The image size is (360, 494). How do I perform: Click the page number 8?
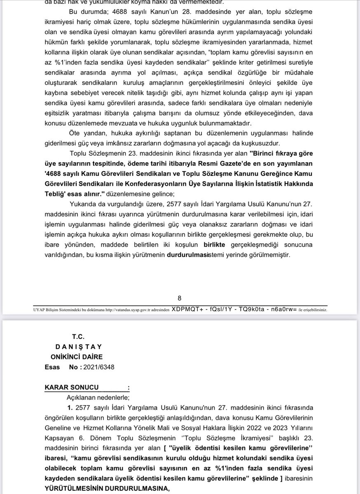coord(179,298)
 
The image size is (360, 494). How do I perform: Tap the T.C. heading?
coord(78,337)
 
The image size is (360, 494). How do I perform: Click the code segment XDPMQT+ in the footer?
coord(186,309)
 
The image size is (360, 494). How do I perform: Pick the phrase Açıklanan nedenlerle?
coord(98,397)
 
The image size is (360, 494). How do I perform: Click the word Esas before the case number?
coord(52,367)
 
